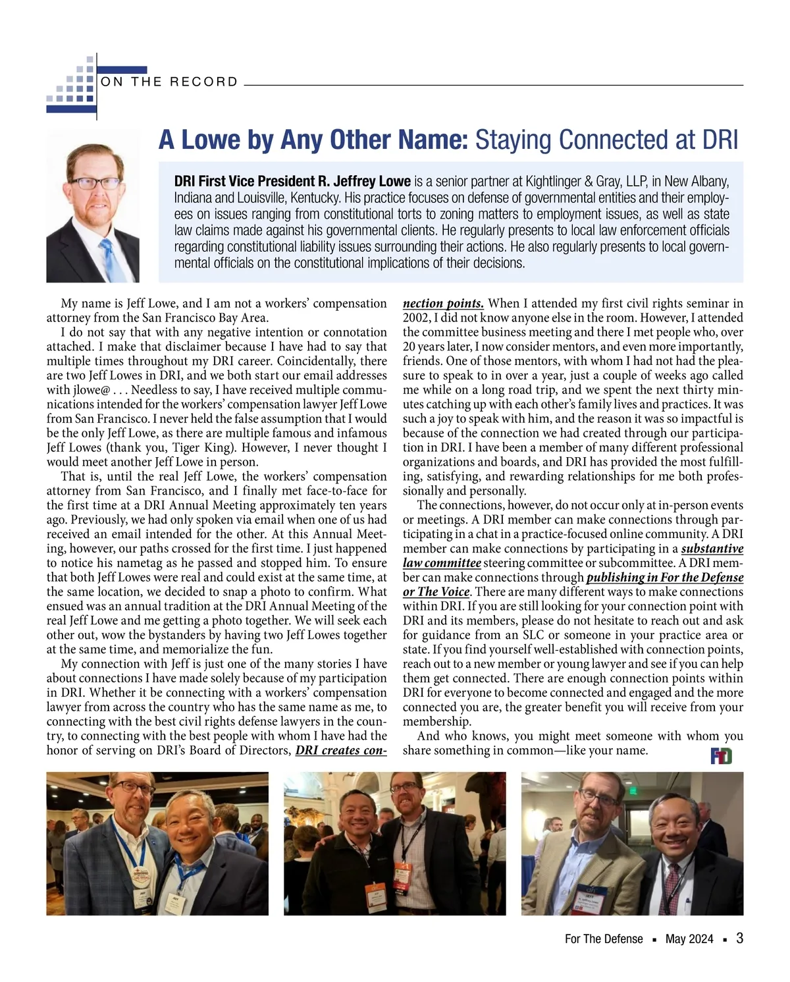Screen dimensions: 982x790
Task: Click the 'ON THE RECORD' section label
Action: pyautogui.click(x=169, y=82)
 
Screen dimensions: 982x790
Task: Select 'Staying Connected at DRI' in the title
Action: pyautogui.click(x=606, y=140)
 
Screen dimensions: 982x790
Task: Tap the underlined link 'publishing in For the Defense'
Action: pyautogui.click(x=664, y=578)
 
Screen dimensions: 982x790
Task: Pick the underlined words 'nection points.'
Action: pyautogui.click(x=443, y=303)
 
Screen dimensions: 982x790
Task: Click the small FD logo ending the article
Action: pyautogui.click(x=722, y=756)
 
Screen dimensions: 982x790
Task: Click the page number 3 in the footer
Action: pyautogui.click(x=740, y=939)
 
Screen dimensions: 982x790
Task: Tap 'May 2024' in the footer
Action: pyautogui.click(x=689, y=939)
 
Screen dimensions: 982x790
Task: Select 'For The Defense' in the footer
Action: pyautogui.click(x=604, y=939)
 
